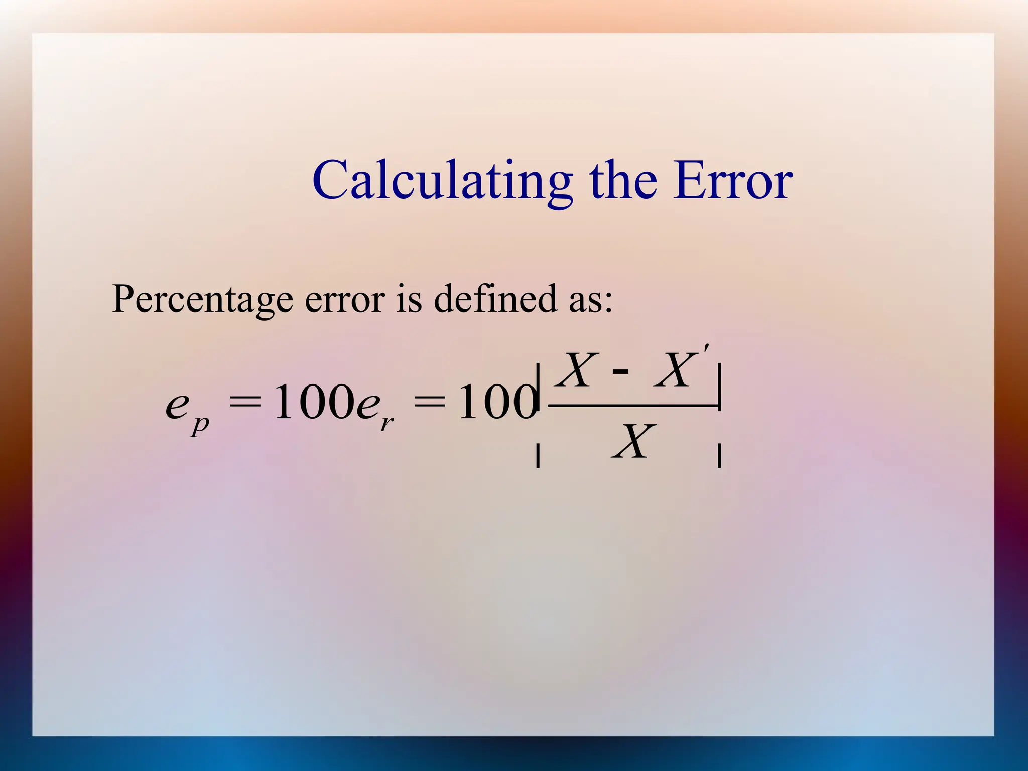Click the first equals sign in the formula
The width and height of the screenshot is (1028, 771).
pyautogui.click(x=245, y=402)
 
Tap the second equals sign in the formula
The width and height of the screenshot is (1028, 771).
pyautogui.click(x=429, y=402)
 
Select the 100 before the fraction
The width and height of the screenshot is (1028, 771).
pyautogui.click(x=497, y=402)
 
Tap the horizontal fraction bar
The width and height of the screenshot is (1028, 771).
pyautogui.click(x=632, y=405)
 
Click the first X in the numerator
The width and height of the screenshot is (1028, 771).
pyautogui.click(x=579, y=370)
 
